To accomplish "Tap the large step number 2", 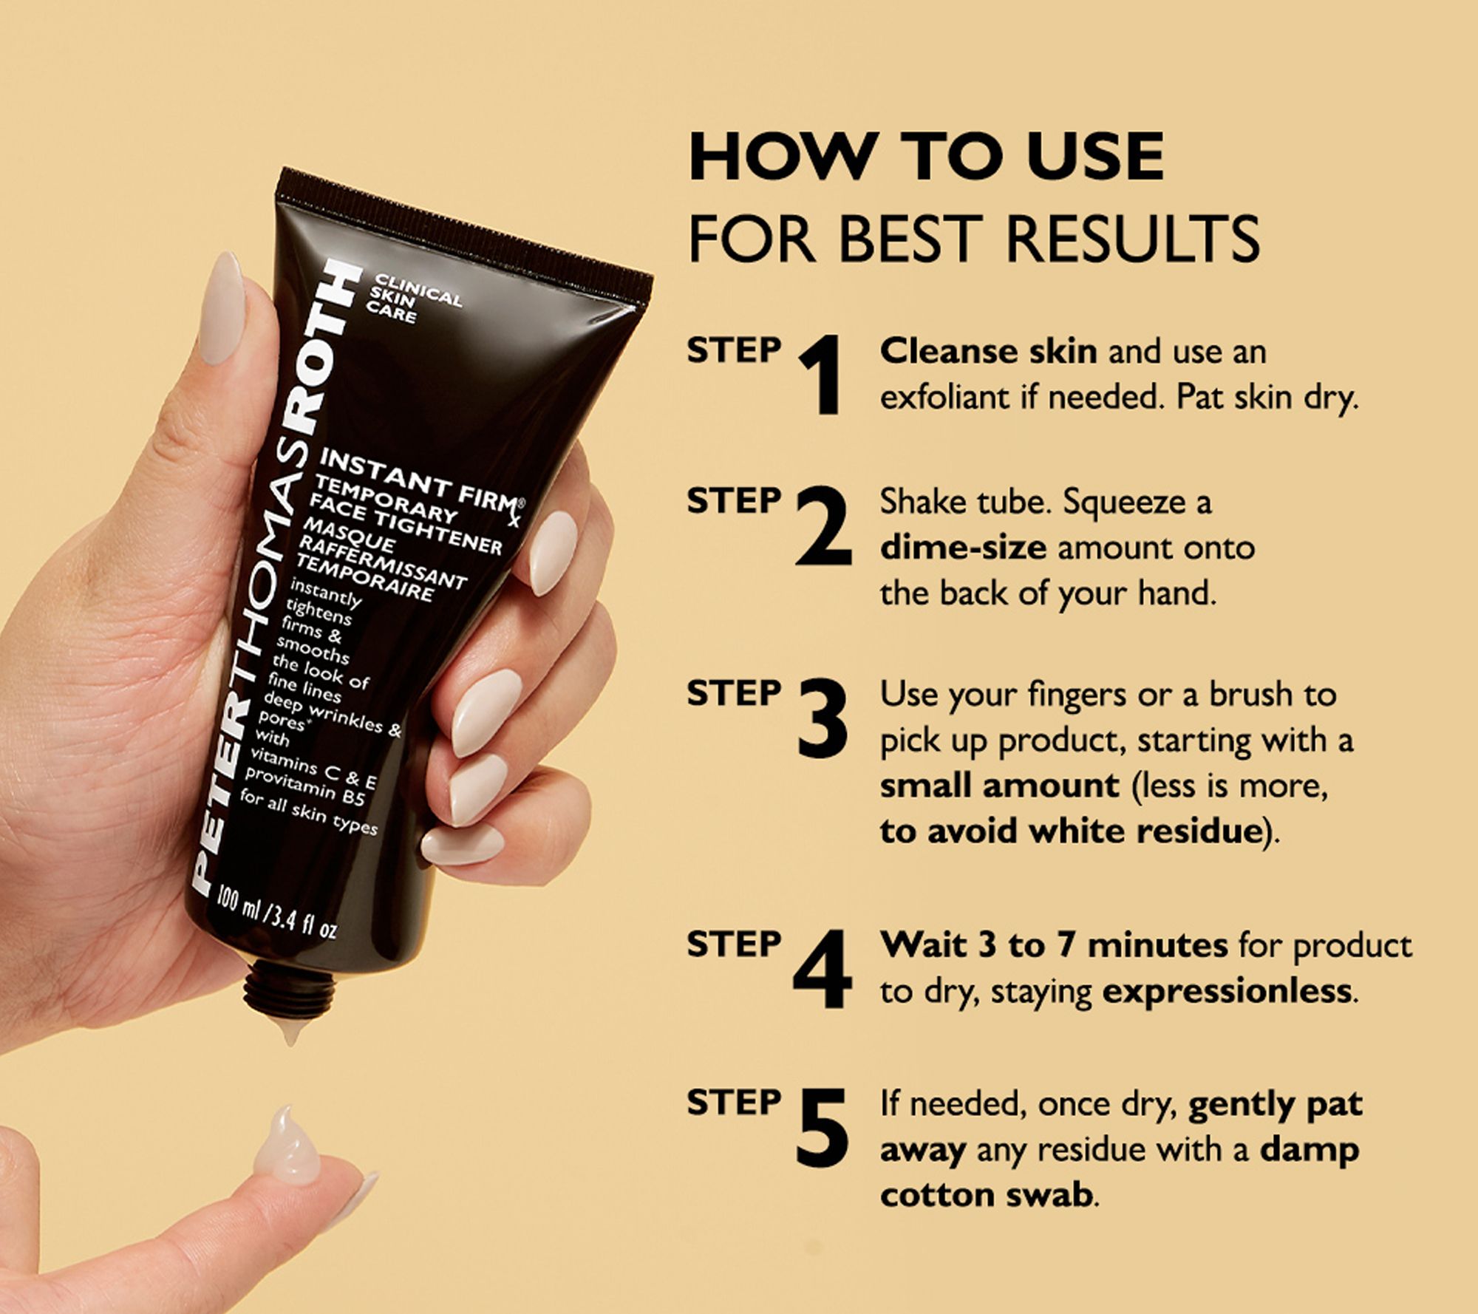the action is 823,528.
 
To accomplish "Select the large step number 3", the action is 823,718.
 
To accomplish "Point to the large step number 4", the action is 822,969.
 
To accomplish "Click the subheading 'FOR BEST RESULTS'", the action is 974,239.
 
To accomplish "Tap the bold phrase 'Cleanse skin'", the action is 988,351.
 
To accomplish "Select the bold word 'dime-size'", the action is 963,548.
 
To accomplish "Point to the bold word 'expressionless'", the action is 1227,991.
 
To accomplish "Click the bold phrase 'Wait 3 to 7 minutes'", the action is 1054,944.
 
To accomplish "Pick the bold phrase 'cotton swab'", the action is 986,1195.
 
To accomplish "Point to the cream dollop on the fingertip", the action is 286,1148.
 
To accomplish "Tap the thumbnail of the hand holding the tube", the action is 221,308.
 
